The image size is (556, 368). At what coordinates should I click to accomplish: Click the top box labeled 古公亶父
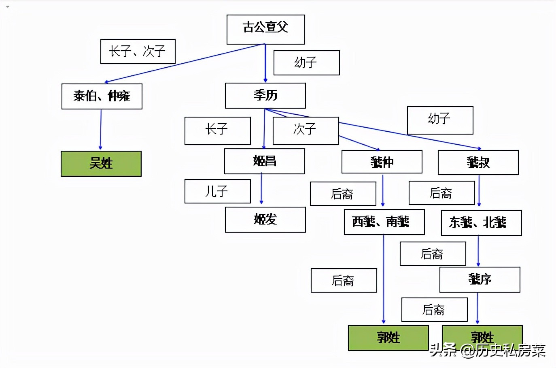point(265,30)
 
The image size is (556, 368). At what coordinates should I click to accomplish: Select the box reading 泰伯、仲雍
point(102,96)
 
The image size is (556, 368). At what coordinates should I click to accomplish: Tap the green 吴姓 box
point(101,164)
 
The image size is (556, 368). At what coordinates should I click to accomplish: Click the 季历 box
point(265,96)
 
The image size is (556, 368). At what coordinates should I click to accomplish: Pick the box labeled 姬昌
point(265,161)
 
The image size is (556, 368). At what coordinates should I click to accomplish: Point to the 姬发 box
point(265,220)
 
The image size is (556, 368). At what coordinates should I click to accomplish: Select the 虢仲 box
point(382,162)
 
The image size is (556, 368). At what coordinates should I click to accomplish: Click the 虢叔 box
point(478,163)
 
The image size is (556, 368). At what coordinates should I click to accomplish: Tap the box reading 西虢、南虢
point(384,222)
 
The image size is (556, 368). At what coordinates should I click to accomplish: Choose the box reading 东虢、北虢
point(481,223)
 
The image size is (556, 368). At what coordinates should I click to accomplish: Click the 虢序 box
point(480,280)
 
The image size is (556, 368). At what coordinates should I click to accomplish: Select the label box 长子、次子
point(138,51)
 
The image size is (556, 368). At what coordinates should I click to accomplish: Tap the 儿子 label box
point(217,191)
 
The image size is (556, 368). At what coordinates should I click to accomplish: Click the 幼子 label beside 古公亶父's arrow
point(306,63)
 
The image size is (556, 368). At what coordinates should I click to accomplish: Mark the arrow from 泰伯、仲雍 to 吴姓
point(101,130)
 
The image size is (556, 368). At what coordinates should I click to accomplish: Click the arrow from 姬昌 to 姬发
point(261,188)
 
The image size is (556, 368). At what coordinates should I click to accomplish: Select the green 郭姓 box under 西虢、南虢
point(388,338)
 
